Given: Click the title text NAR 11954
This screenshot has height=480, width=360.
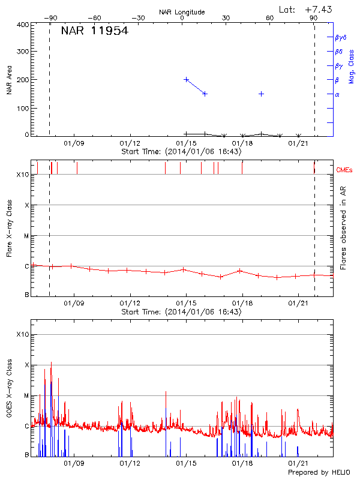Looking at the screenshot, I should click(x=94, y=31).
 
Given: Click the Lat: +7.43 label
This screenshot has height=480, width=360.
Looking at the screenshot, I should click(x=306, y=9).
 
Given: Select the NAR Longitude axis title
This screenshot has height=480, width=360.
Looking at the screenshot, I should click(x=182, y=12).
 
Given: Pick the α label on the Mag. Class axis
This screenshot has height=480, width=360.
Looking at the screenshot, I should click(x=337, y=94).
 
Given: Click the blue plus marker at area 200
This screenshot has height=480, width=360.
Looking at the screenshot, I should click(x=187, y=79).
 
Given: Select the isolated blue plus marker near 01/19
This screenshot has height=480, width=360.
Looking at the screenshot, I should click(x=262, y=94).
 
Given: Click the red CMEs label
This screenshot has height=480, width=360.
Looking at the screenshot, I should click(x=345, y=170).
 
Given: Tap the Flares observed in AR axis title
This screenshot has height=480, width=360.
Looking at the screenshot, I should click(x=343, y=227).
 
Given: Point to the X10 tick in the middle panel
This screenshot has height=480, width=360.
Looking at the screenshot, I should click(x=22, y=175).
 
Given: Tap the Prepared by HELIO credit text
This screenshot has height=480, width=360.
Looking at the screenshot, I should click(x=320, y=473).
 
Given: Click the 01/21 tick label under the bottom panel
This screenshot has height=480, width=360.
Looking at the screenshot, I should click(x=298, y=464).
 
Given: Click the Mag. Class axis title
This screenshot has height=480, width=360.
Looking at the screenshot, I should click(x=351, y=66).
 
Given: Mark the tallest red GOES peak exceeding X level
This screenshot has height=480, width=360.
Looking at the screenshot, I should click(x=52, y=362).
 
